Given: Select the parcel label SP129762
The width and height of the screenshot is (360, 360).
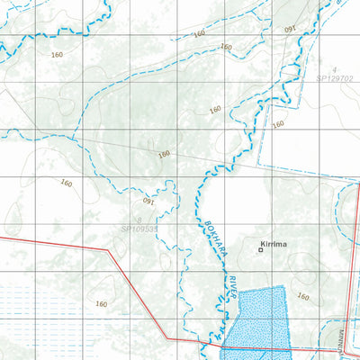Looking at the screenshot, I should click(335, 80).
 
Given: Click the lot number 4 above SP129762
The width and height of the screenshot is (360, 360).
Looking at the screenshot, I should click(334, 69).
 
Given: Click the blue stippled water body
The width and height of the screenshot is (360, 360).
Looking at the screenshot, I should click(256, 319).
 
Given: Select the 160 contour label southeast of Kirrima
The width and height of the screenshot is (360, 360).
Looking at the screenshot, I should click(303, 296).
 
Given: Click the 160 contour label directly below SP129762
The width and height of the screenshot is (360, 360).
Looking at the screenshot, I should click(278, 124).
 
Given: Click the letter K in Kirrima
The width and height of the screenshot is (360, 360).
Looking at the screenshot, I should click(260, 243).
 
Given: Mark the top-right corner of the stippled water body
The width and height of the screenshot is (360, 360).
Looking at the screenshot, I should click(284, 287).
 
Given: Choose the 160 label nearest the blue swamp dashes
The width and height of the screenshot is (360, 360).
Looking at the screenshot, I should click(102, 304).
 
